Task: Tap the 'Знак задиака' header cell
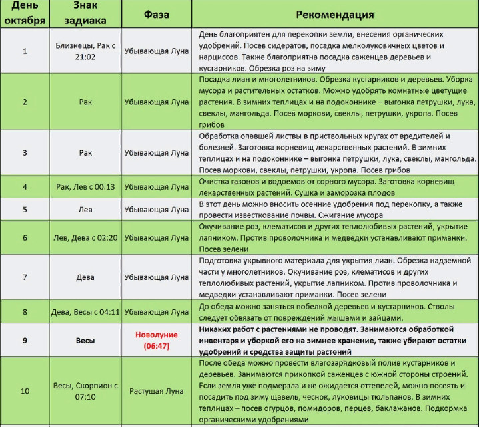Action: [85, 14]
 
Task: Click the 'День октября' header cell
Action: [25, 14]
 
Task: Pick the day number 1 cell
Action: [25, 51]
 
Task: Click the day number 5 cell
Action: [25, 209]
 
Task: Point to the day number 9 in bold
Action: [25, 341]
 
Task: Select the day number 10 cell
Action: [25, 391]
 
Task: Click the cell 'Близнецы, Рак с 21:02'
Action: [85, 51]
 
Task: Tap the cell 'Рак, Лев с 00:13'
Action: [85, 187]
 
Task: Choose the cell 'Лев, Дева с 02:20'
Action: [85, 237]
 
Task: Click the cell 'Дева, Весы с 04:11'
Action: [85, 311]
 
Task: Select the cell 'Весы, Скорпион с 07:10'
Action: [85, 391]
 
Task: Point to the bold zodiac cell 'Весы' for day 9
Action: [85, 341]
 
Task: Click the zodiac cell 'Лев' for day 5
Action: [85, 209]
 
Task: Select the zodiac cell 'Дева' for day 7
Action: [85, 277]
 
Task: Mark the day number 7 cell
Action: [25, 277]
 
